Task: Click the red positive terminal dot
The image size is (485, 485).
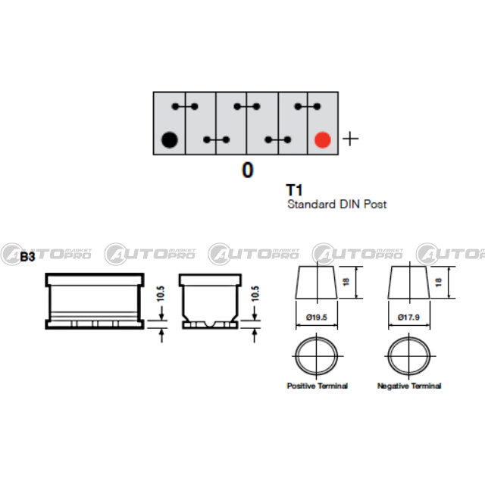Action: pyautogui.click(x=323, y=139)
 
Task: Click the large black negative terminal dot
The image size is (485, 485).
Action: pyautogui.click(x=170, y=139)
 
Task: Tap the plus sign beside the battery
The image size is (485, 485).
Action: pyautogui.click(x=351, y=139)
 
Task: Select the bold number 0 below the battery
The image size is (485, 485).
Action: pyautogui.click(x=248, y=170)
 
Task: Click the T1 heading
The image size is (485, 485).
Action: pyautogui.click(x=294, y=190)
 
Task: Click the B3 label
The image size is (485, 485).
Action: pyautogui.click(x=27, y=257)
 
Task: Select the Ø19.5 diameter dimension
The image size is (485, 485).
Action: pyautogui.click(x=317, y=318)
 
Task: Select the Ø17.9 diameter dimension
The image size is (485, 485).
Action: pyautogui.click(x=408, y=318)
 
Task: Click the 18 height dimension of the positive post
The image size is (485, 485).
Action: pyautogui.click(x=346, y=282)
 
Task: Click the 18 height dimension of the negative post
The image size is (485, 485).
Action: pyautogui.click(x=438, y=282)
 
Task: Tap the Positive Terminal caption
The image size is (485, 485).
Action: pyautogui.click(x=318, y=386)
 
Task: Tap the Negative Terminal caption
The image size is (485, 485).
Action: pyautogui.click(x=409, y=386)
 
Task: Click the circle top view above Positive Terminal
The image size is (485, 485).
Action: pyautogui.click(x=317, y=356)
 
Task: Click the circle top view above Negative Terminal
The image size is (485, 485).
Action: pyautogui.click(x=409, y=356)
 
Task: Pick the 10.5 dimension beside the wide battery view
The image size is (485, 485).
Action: pyautogui.click(x=160, y=294)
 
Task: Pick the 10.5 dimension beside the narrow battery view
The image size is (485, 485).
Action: pyautogui.click(x=255, y=294)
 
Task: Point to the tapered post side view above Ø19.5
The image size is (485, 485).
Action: pyautogui.click(x=317, y=282)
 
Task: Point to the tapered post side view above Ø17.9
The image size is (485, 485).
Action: pyautogui.click(x=408, y=282)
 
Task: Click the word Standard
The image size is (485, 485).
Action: pyautogui.click(x=311, y=204)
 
